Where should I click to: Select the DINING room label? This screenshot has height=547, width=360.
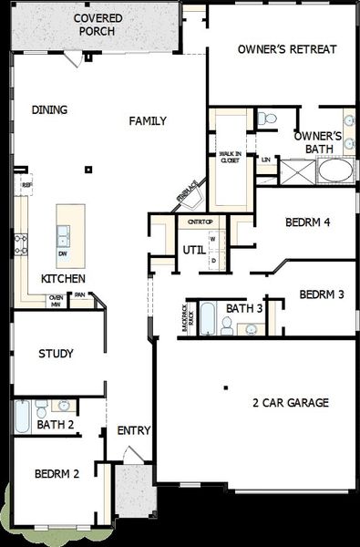pos(50,110)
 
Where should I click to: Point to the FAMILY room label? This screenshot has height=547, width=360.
pos(148,120)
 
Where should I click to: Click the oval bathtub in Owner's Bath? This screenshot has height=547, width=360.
pos(334,170)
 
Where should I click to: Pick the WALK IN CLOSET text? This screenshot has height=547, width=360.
pos(231,156)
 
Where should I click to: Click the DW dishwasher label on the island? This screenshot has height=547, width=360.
pos(63,253)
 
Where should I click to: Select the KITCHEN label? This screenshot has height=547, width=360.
pos(63,278)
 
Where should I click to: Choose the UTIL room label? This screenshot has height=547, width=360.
pos(193,249)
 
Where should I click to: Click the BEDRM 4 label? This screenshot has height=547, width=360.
pos(306,222)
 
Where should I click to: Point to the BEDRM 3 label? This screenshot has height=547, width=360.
pos(321,294)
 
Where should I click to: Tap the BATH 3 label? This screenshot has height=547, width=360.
pos(244,309)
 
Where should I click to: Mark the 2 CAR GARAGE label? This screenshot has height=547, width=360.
pos(291,402)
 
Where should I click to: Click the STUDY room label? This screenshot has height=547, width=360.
pos(56,354)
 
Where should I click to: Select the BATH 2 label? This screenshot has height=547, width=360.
pos(55,425)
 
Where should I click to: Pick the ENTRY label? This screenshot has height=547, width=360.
pos(134,431)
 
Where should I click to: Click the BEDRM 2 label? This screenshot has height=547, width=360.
pos(57,474)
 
